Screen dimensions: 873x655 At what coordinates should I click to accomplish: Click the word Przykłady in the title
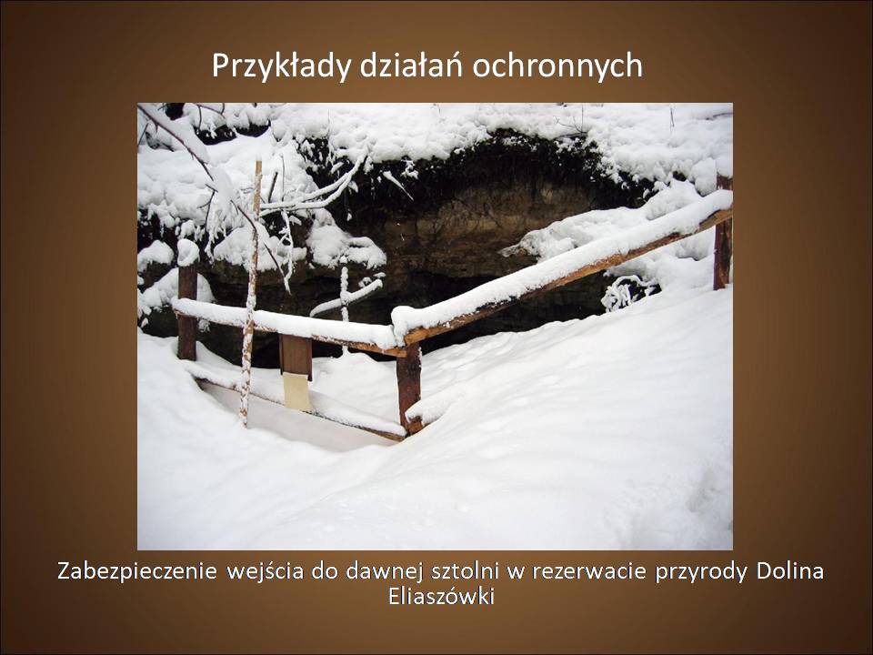pos(281,66)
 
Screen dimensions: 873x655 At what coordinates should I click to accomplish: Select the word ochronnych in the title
pos(557,65)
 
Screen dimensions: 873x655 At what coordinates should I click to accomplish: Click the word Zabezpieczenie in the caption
pos(137,571)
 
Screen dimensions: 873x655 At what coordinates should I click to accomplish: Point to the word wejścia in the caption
pos(265,572)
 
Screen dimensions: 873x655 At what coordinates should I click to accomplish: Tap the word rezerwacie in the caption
pos(589,571)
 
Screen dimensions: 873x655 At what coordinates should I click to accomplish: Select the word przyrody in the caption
pos(701,572)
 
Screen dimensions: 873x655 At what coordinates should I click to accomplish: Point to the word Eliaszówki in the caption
pos(441,596)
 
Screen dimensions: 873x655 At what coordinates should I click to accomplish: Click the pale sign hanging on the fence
pos(296,390)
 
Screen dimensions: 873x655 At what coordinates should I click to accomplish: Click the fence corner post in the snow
pos(409,388)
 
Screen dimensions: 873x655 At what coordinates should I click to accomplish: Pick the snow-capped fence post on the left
pos(187,301)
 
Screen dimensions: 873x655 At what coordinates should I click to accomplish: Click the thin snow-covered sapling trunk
pos(251,295)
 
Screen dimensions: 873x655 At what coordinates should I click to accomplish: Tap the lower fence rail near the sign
pos(301,404)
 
